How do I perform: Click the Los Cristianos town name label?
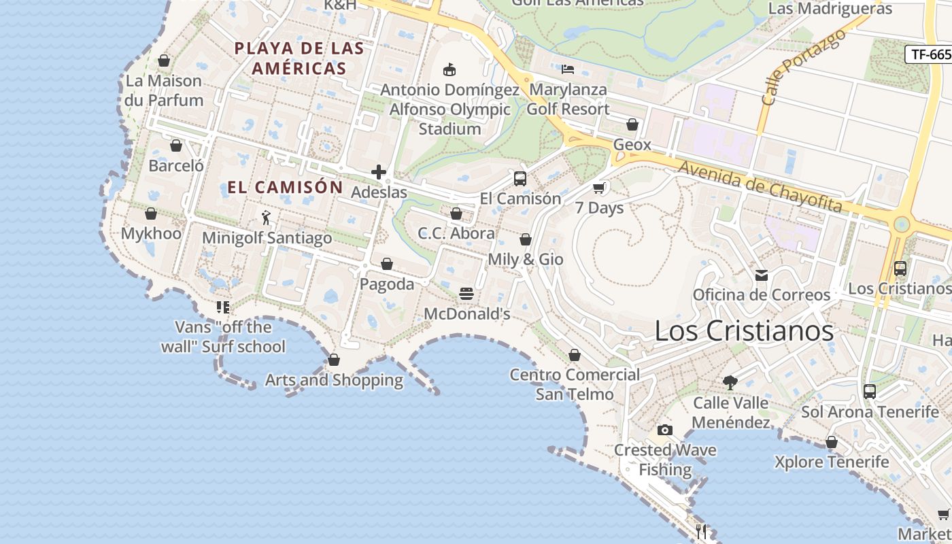(744, 331)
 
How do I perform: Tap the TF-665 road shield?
(929, 54)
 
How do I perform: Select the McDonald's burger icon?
(466, 294)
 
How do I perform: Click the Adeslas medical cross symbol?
(379, 173)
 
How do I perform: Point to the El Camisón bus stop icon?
(520, 179)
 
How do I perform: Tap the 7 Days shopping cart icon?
(599, 188)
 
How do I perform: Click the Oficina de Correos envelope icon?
(762, 275)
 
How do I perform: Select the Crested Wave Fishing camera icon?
(665, 430)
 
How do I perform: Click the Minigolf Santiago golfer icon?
(267, 218)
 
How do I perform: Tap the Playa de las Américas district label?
(299, 58)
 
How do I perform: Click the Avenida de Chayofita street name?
(760, 186)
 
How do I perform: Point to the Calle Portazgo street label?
(803, 67)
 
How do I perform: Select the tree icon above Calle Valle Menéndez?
(730, 383)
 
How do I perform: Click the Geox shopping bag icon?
(632, 124)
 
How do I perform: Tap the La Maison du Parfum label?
(164, 90)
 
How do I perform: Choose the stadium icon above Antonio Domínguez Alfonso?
(449, 69)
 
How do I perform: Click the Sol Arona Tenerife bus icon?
(870, 392)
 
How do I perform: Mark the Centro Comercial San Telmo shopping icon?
(575, 355)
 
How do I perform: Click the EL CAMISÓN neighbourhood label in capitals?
(285, 187)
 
